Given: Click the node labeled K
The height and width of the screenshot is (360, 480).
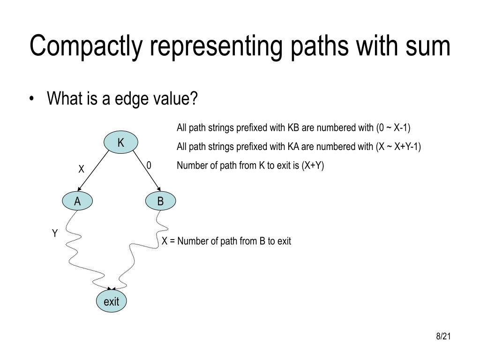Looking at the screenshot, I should pyautogui.click(x=120, y=142).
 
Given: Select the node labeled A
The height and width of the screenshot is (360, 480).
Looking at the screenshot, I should pyautogui.click(x=77, y=201).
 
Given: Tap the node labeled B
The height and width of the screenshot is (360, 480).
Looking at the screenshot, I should pyautogui.click(x=160, y=201).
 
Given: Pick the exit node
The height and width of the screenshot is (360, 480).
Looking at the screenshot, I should pyautogui.click(x=112, y=301).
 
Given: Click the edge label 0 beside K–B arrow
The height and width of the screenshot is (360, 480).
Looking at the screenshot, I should pyautogui.click(x=149, y=166).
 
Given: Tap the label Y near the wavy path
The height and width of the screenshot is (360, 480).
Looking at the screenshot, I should pyautogui.click(x=54, y=233).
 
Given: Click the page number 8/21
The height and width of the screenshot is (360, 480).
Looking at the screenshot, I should pyautogui.click(x=443, y=337).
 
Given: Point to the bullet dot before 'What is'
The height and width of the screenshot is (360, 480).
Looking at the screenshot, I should pyautogui.click(x=32, y=100).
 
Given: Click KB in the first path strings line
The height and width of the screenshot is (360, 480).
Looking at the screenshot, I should pyautogui.click(x=293, y=128).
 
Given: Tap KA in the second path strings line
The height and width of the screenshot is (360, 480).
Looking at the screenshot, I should pyautogui.click(x=293, y=147).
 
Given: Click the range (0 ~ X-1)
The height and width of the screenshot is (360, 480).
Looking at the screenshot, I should pyautogui.click(x=393, y=128).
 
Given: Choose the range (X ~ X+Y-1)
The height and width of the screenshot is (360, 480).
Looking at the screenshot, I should pyautogui.click(x=398, y=147).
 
